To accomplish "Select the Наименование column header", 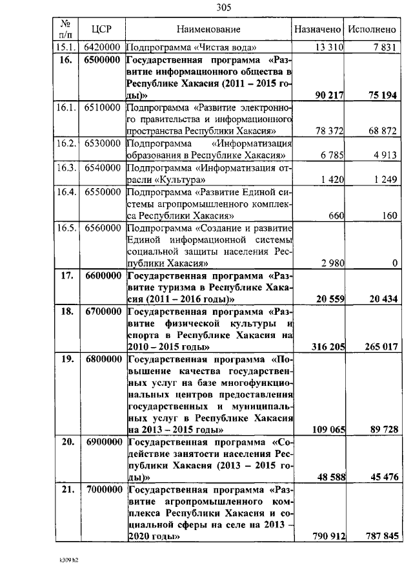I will pos(208,29).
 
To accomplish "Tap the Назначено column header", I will pos(317,29).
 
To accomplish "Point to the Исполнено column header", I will pos(372,29).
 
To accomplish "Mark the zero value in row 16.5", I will pos(394,263).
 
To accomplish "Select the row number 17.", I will pos(66,275).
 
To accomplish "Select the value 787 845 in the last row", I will pos(377,537).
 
